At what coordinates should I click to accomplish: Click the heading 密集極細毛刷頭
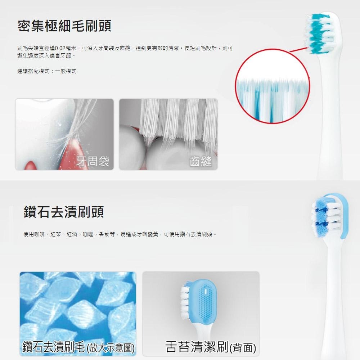point(64,26)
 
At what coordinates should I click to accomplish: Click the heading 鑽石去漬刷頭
point(64,211)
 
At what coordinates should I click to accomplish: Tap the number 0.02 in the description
point(60,48)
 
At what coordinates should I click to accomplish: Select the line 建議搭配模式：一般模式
point(46,71)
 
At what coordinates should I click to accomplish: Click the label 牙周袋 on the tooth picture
point(93,161)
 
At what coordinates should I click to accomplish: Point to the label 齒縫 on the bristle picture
point(201,161)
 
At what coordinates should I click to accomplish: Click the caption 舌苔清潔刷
point(197,346)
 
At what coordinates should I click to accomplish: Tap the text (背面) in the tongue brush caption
point(243,347)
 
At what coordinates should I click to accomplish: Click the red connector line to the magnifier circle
point(299,49)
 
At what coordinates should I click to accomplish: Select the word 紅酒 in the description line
point(72,234)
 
